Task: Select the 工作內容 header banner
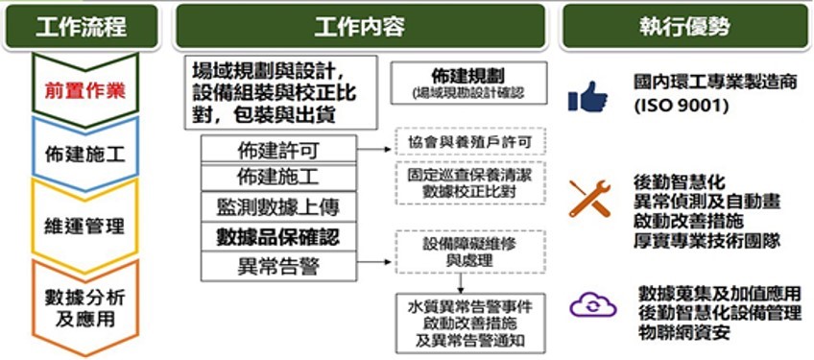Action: pos(361,26)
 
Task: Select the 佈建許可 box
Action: pos(278,150)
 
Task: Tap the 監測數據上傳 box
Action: pos(278,206)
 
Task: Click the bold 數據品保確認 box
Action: pos(278,235)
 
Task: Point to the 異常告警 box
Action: pos(278,264)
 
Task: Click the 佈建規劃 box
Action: pos(470,83)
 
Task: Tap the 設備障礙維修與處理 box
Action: pos(470,252)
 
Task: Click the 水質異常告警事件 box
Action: pos(470,324)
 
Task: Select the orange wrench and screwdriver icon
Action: pos(589,197)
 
